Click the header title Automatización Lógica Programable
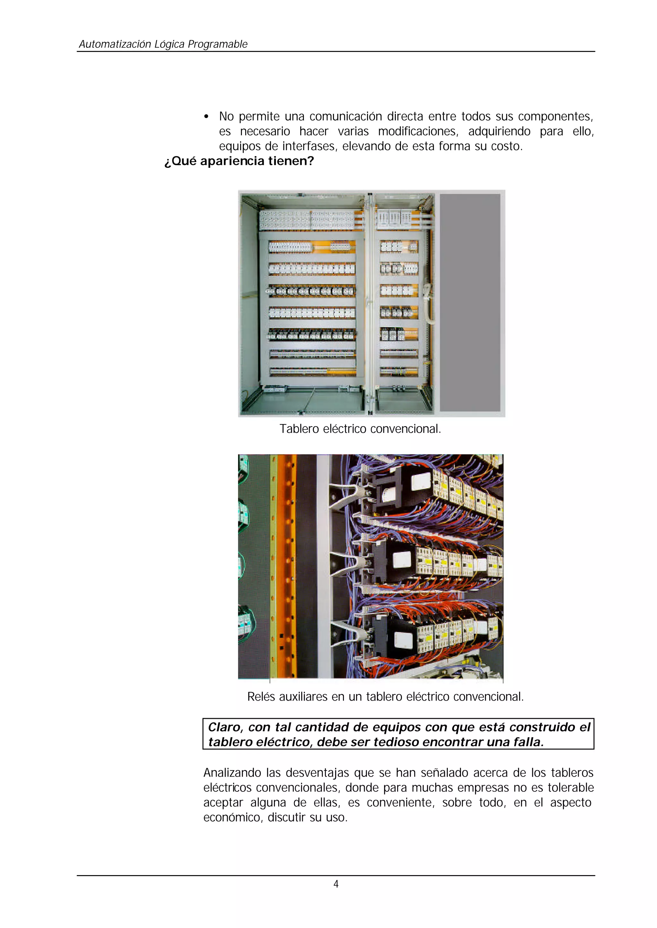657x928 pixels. tap(163, 44)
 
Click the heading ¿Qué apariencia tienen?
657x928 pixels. tap(239, 161)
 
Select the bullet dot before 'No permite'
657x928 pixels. tap(206, 117)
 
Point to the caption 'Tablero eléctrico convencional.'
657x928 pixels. tap(360, 429)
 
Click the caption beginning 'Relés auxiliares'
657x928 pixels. tap(385, 697)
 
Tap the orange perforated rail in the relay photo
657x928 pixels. tap(288, 566)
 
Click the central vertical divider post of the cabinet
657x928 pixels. tap(369, 303)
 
